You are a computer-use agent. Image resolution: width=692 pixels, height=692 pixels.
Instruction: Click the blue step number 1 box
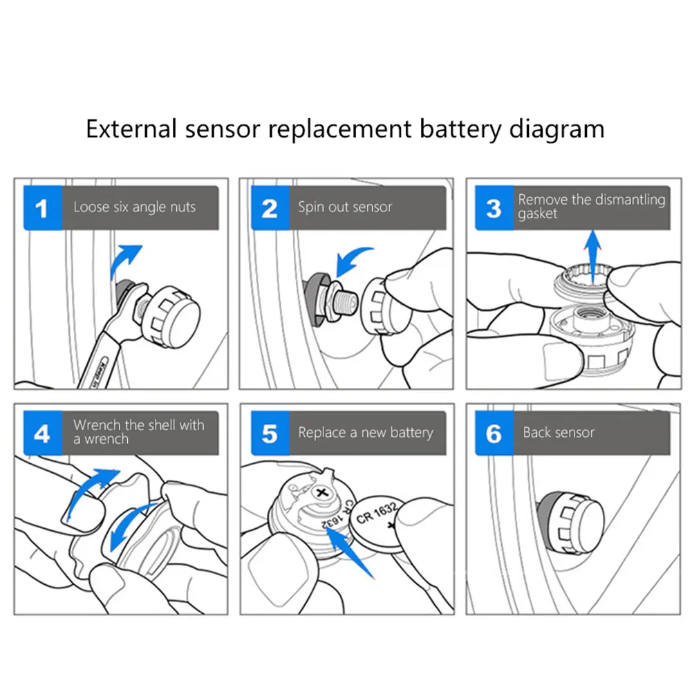click(x=42, y=207)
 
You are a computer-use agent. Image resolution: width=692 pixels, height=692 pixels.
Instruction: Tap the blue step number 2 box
click(x=269, y=207)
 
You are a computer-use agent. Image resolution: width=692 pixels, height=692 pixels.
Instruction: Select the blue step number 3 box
click(x=494, y=207)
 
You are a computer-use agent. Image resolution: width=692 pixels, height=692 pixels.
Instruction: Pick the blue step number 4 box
click(x=42, y=433)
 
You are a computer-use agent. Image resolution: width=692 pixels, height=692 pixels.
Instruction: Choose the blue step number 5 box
click(x=269, y=433)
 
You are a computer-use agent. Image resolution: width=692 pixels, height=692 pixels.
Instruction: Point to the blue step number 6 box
click(x=494, y=433)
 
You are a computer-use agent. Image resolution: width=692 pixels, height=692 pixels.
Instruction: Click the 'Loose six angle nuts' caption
click(x=134, y=207)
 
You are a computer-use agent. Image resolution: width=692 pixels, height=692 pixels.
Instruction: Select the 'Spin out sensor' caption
click(x=345, y=207)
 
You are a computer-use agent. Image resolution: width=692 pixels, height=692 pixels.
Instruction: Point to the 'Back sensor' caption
click(x=559, y=433)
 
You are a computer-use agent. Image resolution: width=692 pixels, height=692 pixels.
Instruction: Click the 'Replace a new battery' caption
click(x=366, y=433)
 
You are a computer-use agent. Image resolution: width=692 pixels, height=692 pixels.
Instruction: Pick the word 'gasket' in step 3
click(x=537, y=214)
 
